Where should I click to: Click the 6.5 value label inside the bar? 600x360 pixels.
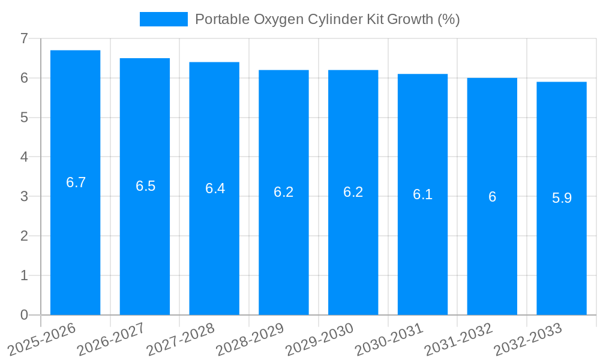coord(145,186)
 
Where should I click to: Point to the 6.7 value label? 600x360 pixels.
coord(76,182)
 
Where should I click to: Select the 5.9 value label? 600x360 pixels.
coord(562,198)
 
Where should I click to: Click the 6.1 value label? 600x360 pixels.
coord(422,194)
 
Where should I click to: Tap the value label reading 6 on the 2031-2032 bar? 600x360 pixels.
coord(492,197)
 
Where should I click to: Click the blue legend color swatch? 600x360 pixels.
coord(163,19)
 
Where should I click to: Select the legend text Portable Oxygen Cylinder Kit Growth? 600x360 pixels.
coord(327,19)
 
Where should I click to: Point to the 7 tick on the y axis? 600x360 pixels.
coord(24,38)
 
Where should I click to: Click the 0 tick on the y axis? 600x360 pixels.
coord(24,315)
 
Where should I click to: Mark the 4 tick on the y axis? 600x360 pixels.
coord(24,157)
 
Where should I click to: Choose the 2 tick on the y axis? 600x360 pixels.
coord(24,236)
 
